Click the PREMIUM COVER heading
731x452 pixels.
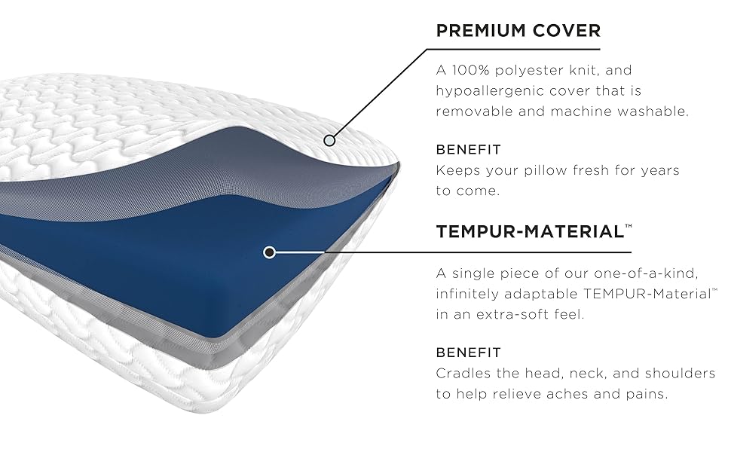(518, 31)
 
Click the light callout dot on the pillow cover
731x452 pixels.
(329, 140)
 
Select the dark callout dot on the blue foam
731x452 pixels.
(269, 252)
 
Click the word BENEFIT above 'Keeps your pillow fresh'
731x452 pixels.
(469, 150)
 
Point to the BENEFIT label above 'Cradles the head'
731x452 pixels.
(469, 353)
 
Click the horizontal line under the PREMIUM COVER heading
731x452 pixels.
(513, 49)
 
